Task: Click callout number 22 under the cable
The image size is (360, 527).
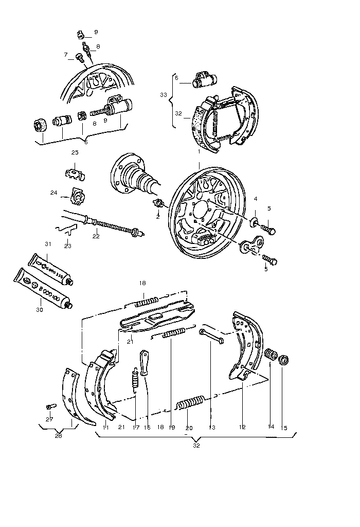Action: tap(95, 237)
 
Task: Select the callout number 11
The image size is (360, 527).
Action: tap(104, 427)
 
